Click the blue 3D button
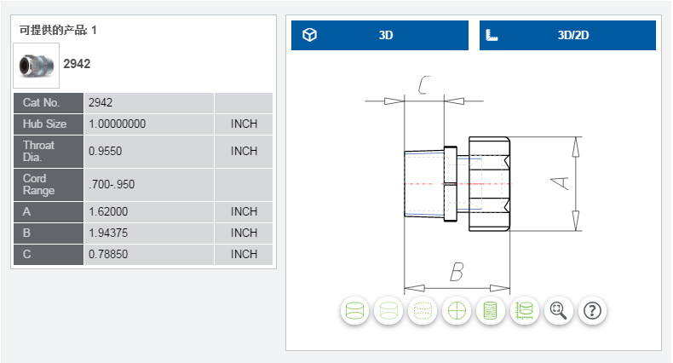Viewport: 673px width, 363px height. tap(380, 36)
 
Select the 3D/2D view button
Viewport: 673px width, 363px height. tap(567, 36)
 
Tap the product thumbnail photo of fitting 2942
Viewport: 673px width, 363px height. tap(37, 65)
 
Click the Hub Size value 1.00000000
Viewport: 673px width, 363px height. tap(118, 124)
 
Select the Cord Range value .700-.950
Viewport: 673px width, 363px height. tap(112, 184)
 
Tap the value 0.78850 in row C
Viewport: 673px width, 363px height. tap(107, 254)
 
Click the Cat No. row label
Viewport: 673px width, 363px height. tap(44, 103)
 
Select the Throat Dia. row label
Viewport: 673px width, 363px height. tap(39, 151)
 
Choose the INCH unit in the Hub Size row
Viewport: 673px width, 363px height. tap(244, 124)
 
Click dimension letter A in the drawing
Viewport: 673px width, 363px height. tap(560, 182)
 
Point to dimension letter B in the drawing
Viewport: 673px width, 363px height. tap(457, 273)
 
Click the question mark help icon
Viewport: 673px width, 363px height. tap(592, 311)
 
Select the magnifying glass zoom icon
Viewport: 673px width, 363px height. tap(558, 311)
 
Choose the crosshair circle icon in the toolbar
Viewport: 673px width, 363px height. tap(457, 311)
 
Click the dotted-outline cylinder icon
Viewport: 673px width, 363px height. tap(423, 311)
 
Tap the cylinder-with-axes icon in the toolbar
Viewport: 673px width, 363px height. tap(524, 311)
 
